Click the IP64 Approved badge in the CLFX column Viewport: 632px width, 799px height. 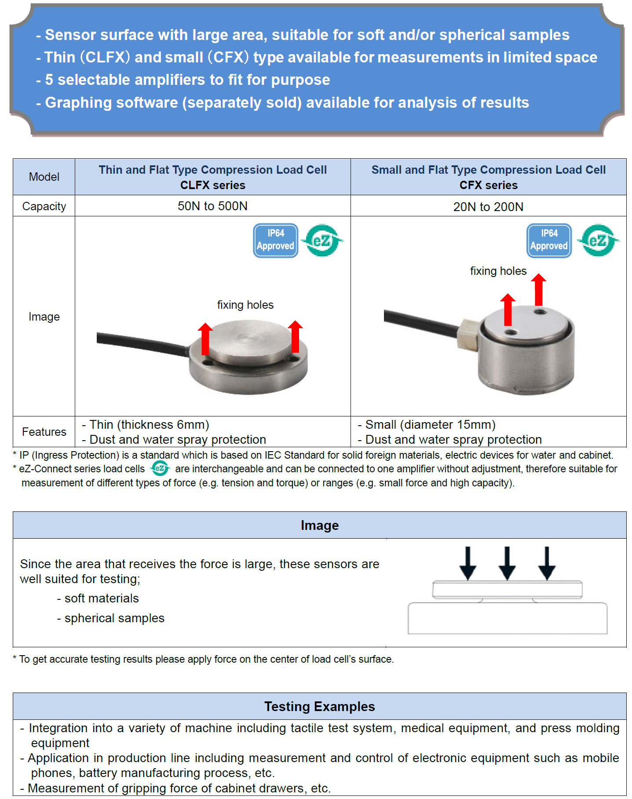click(276, 240)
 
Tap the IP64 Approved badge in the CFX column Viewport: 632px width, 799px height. click(549, 240)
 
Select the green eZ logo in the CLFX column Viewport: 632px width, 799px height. click(323, 240)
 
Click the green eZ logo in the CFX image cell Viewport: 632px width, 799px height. click(598, 240)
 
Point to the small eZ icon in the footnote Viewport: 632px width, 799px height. click(160, 468)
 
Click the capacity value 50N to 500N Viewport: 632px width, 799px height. click(212, 206)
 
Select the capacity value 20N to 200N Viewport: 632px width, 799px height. click(488, 207)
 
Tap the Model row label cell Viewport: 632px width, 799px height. click(44, 177)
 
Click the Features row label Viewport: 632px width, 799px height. click(44, 432)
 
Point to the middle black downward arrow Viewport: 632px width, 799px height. click(507, 563)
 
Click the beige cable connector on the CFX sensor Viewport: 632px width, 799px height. click(468, 334)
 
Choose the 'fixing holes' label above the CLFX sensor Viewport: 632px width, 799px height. click(245, 305)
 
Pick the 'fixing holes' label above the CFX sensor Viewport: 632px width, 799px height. click(498, 271)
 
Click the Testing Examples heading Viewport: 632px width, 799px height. click(320, 706)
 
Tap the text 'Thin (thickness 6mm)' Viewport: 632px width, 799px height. click(149, 424)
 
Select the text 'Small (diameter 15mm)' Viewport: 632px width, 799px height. click(430, 424)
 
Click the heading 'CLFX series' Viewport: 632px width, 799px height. click(213, 185)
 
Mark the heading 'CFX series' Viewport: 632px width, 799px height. click(489, 185)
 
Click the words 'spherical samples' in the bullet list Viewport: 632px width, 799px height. click(114, 618)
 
